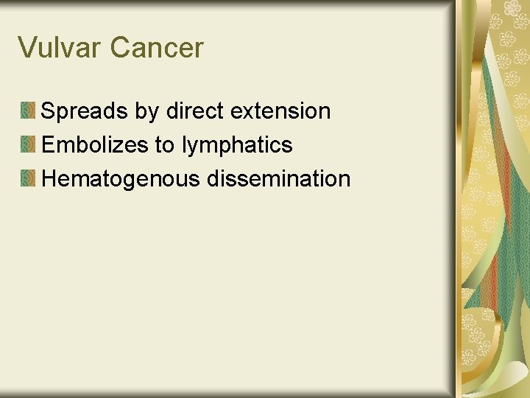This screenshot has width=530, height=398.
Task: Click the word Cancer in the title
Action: point(157,48)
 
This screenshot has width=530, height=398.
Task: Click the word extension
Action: point(280,111)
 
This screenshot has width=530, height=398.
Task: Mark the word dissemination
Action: point(279,178)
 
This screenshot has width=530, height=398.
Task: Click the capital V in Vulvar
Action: point(27,48)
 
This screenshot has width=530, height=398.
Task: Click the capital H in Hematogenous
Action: point(49,178)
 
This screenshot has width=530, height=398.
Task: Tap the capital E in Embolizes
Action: point(49,145)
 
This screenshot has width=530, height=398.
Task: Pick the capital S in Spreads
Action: point(49,111)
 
